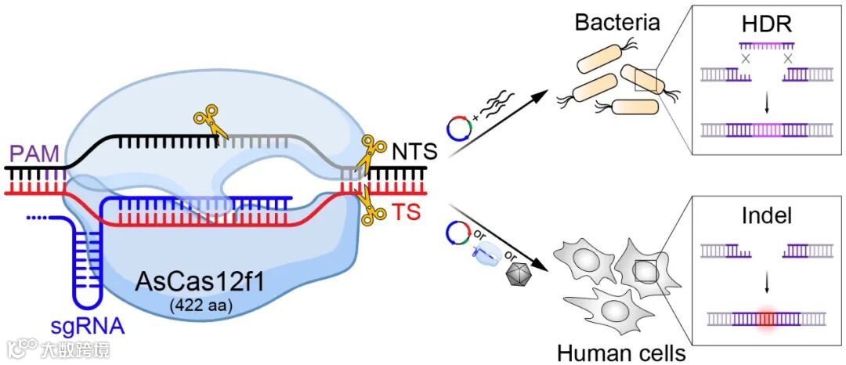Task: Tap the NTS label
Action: [x=413, y=151]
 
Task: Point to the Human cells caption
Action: [x=621, y=352]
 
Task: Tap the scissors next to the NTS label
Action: [x=371, y=154]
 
